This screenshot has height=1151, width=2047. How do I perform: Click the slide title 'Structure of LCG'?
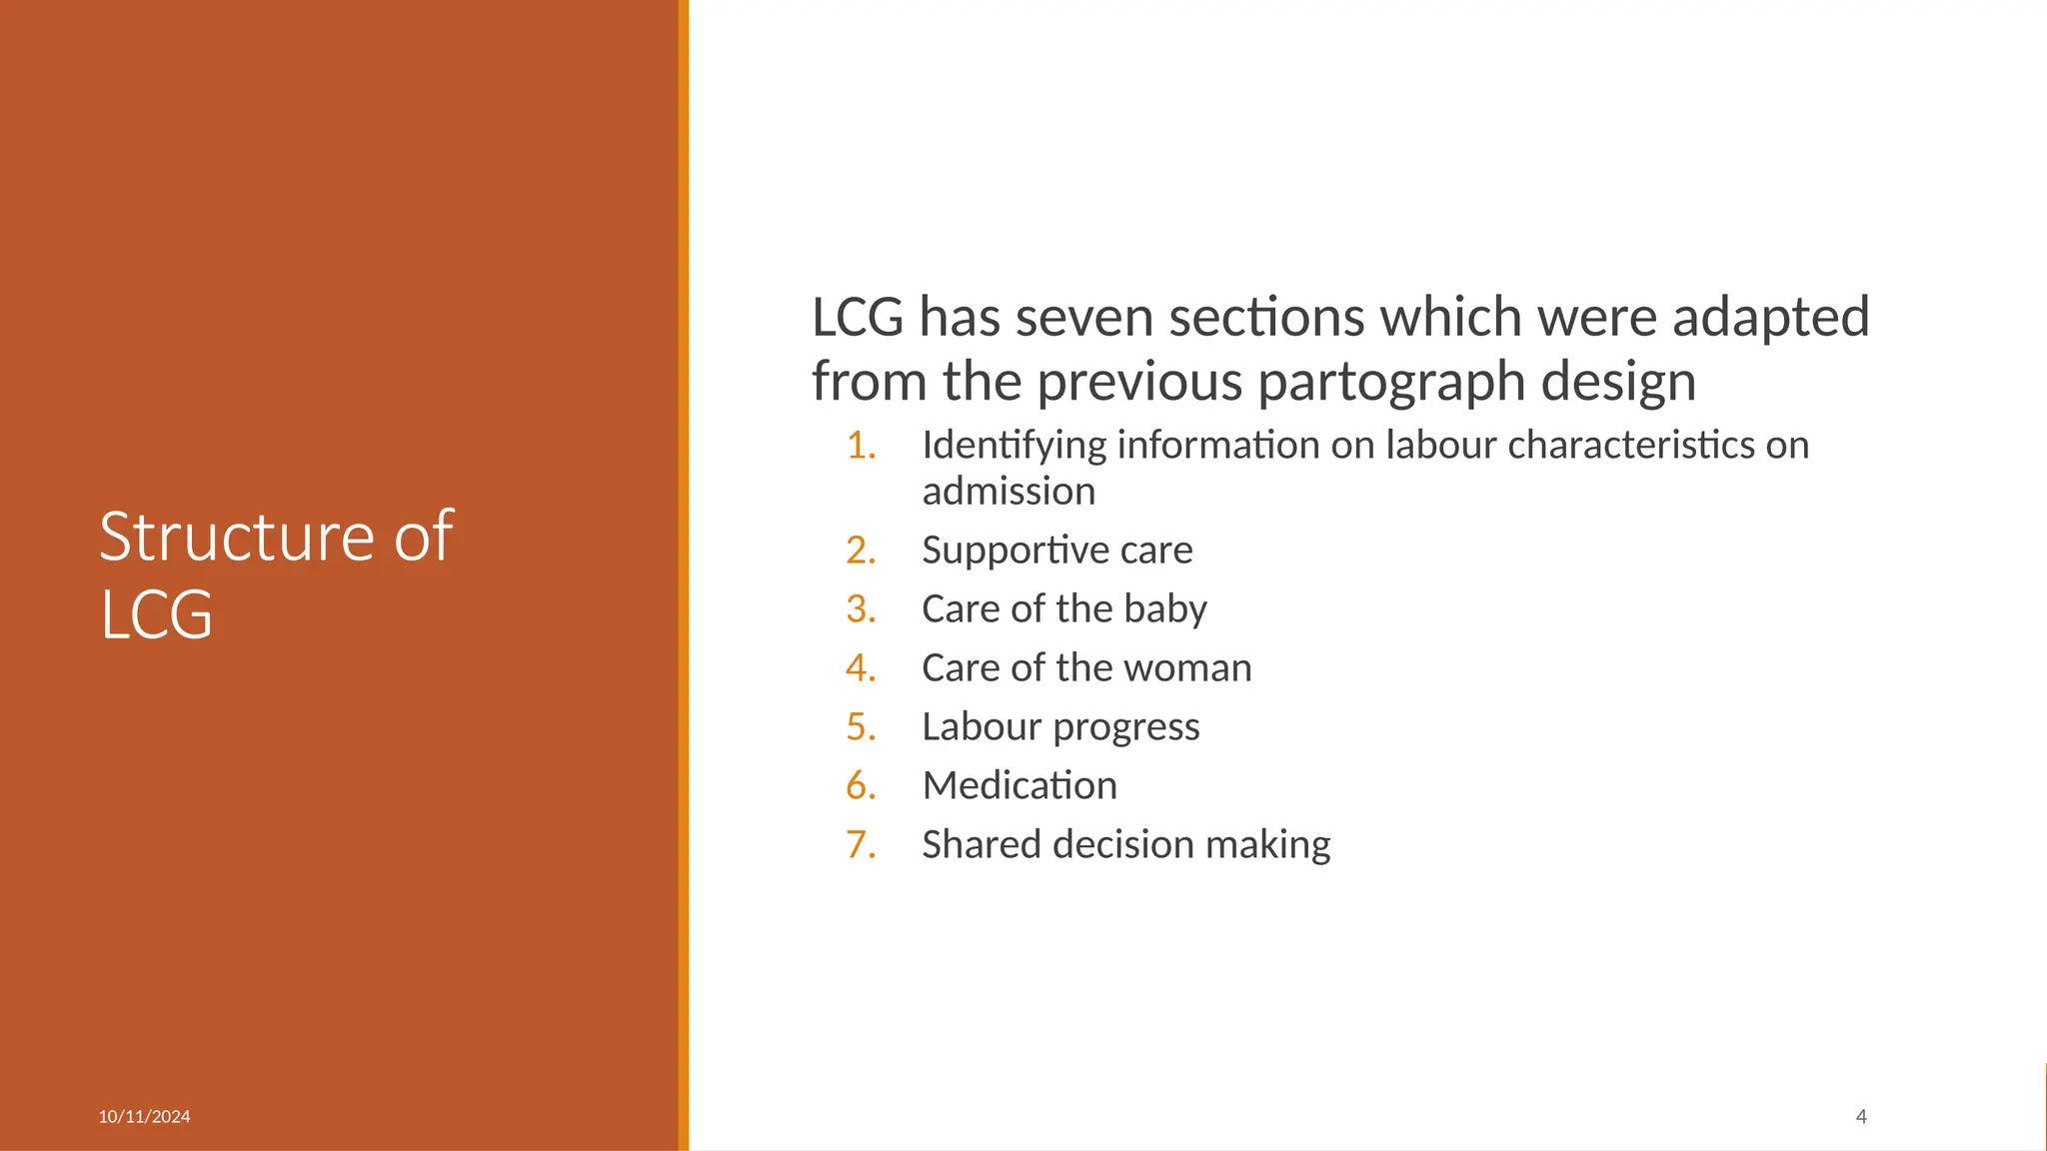[x=276, y=575]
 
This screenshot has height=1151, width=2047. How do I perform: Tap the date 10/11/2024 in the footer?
[x=144, y=1116]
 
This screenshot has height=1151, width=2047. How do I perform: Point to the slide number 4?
[x=1861, y=1116]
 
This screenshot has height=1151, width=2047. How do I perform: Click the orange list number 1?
[x=861, y=446]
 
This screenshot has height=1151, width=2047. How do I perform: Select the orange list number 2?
[x=861, y=551]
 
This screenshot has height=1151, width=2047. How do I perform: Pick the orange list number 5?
[x=861, y=727]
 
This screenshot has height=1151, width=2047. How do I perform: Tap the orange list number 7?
[x=861, y=845]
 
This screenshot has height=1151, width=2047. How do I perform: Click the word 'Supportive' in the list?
[x=1014, y=551]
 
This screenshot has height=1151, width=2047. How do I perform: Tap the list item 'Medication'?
[x=1020, y=785]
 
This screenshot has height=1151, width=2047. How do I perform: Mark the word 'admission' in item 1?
[x=1009, y=492]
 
